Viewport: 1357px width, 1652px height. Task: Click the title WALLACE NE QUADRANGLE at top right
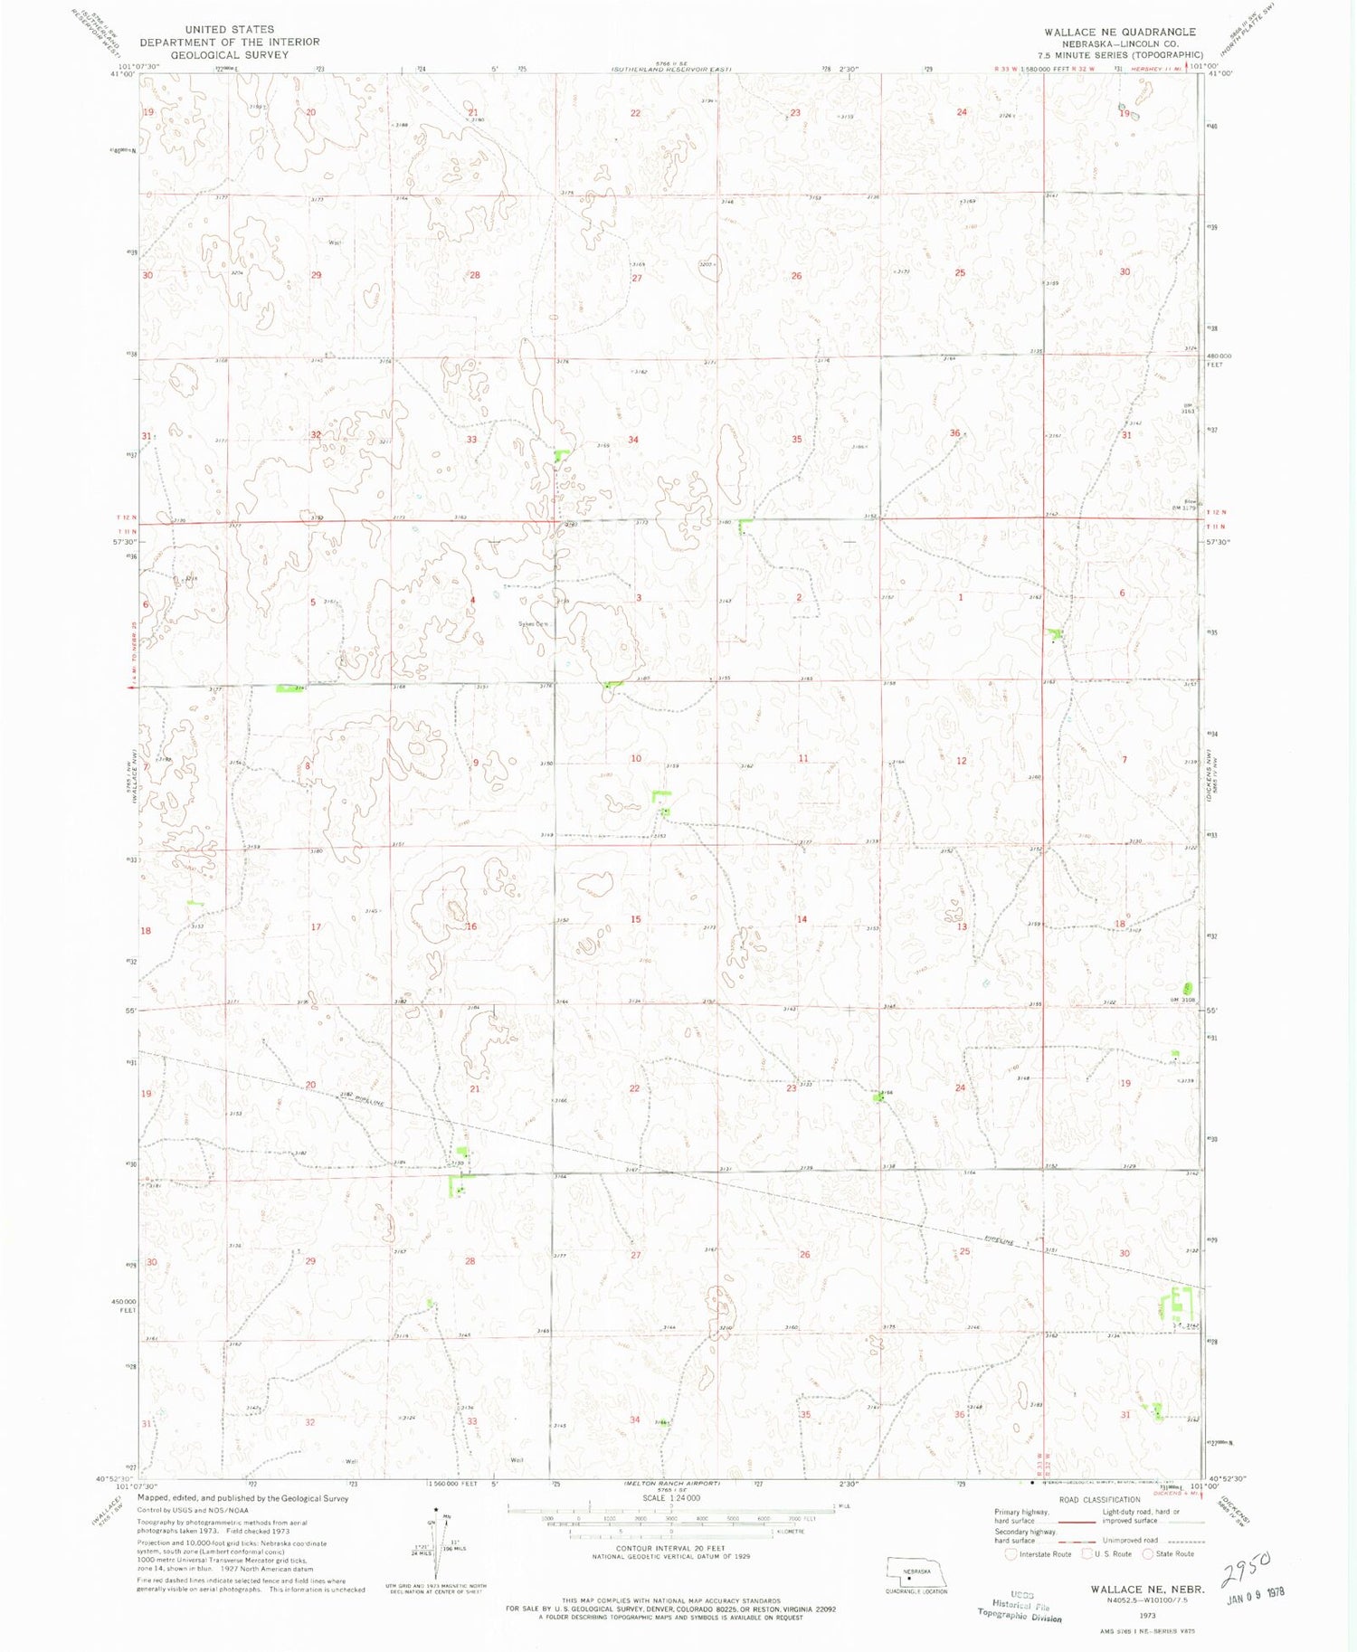[x=1119, y=32]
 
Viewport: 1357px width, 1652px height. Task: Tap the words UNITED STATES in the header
[x=229, y=29]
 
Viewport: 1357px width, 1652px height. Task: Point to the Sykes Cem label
[x=533, y=624]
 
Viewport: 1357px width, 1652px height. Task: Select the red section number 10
[x=636, y=758]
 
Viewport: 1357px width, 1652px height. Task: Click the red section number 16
[x=471, y=926]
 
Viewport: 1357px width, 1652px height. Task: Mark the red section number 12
[x=961, y=761]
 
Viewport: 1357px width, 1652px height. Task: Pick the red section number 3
[x=639, y=598]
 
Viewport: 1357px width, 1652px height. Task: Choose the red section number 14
[x=802, y=919]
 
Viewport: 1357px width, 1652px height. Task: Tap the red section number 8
[x=308, y=766]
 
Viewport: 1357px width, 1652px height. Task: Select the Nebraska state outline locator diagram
[x=916, y=1571]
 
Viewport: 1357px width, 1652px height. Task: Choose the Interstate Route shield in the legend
[x=1011, y=1554]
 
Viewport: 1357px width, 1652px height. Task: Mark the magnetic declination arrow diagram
[x=438, y=1538]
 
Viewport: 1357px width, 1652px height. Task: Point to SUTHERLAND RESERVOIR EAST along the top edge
[x=670, y=69]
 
